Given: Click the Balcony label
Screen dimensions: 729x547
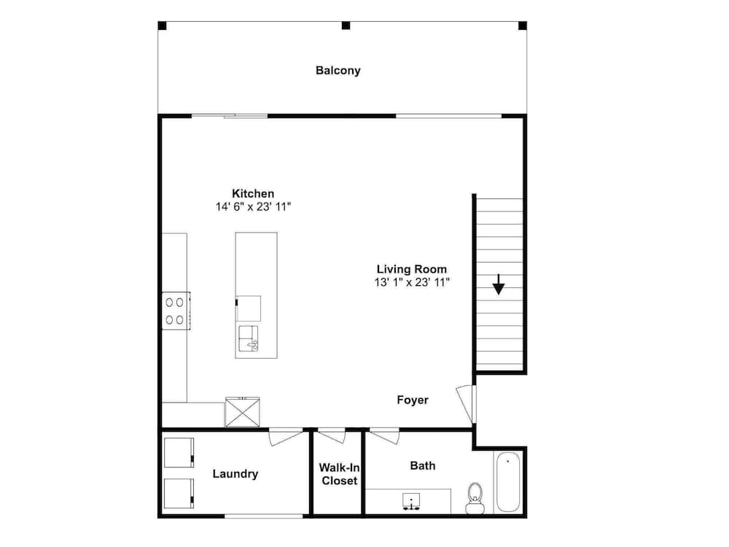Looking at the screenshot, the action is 338,71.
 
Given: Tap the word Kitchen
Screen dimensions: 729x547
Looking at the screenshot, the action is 253,193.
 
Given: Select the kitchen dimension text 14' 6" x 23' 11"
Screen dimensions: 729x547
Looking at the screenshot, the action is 254,207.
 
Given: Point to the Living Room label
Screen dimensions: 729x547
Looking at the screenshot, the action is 411,269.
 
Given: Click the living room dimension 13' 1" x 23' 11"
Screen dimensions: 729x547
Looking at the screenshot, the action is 412,282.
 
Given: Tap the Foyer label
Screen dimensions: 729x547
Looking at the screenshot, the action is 413,400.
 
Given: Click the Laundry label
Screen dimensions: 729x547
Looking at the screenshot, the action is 235,474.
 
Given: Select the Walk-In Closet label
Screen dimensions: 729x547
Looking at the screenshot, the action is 339,474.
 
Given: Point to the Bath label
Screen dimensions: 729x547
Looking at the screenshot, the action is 423,465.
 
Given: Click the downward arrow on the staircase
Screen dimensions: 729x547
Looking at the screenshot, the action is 499,284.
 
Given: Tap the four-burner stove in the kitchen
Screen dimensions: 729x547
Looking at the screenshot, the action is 176,311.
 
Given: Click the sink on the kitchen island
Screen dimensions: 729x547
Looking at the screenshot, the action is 249,338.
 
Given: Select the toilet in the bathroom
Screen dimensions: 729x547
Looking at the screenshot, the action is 475,498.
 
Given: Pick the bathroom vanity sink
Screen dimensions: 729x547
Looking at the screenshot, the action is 411,502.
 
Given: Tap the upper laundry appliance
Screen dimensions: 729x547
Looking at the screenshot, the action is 179,453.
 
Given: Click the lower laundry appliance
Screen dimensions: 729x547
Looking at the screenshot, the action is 179,494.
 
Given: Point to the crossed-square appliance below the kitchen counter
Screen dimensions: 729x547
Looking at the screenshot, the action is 242,411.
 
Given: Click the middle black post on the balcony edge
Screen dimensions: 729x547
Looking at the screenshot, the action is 346,26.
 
